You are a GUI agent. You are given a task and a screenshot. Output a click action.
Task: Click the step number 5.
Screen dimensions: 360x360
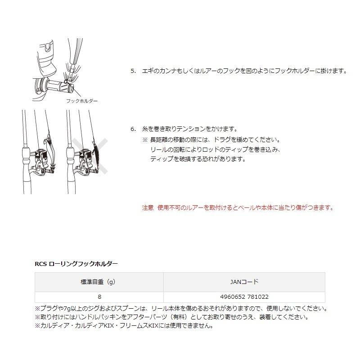pyautogui.click(x=133, y=71)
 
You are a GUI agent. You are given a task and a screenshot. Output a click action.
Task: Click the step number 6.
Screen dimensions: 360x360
pyautogui.click(x=133, y=129)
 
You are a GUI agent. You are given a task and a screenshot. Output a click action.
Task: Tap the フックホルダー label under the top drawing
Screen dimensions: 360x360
pyautogui.click(x=81, y=101)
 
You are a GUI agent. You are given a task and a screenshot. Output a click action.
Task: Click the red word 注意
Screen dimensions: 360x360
pyautogui.click(x=148, y=207)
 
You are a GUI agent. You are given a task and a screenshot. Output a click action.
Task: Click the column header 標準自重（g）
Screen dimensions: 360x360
pyautogui.click(x=99, y=282)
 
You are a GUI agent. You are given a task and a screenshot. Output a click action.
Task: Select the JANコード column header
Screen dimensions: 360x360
pyautogui.click(x=244, y=282)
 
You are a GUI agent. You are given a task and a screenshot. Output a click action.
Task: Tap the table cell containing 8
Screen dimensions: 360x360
pyautogui.click(x=99, y=297)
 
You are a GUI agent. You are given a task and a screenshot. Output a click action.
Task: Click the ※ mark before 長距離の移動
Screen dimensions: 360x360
pyautogui.click(x=145, y=139)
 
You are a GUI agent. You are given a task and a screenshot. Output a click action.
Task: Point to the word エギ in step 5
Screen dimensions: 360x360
pyautogui.click(x=147, y=71)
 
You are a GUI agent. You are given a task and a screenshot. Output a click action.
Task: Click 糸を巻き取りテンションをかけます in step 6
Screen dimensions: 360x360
pyautogui.click(x=189, y=129)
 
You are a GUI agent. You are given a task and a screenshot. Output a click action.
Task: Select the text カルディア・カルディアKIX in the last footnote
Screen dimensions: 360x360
pyautogui.click(x=75, y=325)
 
